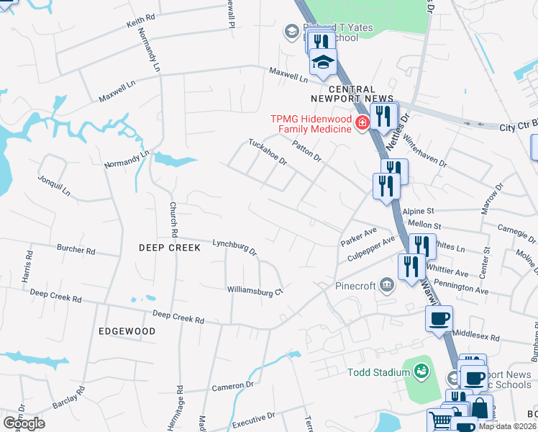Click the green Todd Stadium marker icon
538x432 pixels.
pyautogui.click(x=421, y=372)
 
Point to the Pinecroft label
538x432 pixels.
pyautogui.click(x=355, y=286)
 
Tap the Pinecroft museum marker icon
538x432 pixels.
pyautogui.click(x=387, y=285)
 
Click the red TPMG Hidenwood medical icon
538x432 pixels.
pyautogui.click(x=361, y=123)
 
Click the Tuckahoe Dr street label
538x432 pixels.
pyautogui.click(x=268, y=151)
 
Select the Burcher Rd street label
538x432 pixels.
pyautogui.click(x=76, y=251)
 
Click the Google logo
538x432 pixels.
pyautogui.click(x=24, y=423)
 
